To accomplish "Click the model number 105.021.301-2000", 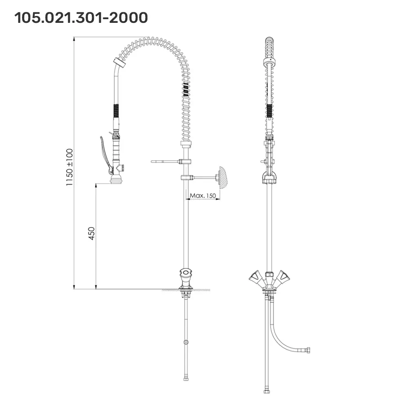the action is (81, 18).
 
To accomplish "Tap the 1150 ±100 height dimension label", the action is (69, 167).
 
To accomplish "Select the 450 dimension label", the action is (91, 233).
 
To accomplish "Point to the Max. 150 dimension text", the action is (203, 195).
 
